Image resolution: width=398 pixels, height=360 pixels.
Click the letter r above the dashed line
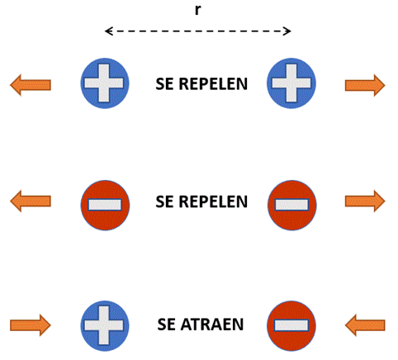click(x=197, y=10)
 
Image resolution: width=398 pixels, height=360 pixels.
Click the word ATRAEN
click(x=212, y=324)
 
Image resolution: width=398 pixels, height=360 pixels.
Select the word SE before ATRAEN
click(x=166, y=324)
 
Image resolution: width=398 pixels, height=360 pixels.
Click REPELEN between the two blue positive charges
click(x=213, y=84)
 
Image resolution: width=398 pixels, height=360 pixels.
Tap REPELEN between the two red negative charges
click(x=213, y=201)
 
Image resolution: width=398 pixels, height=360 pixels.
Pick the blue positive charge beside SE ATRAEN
click(x=105, y=326)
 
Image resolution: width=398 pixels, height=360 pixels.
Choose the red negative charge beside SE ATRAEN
click(x=291, y=326)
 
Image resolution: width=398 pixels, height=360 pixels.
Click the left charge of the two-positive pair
click(x=105, y=83)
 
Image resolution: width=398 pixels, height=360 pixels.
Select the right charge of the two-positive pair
click(x=291, y=83)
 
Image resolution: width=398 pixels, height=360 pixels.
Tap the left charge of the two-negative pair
click(x=105, y=206)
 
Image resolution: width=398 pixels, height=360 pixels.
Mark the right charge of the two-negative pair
click(x=292, y=206)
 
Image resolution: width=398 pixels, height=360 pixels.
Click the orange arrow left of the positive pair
click(x=31, y=85)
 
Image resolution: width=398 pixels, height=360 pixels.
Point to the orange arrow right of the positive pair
click(x=365, y=85)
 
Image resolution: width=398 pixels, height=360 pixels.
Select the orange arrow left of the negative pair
click(x=31, y=201)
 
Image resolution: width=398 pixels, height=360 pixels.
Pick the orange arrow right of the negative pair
click(x=365, y=201)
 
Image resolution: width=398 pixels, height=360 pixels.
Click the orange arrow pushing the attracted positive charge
click(x=31, y=325)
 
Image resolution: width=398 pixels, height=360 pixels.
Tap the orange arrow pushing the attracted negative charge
click(x=365, y=325)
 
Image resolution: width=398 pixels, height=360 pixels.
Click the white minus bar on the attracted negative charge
click(x=291, y=325)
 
